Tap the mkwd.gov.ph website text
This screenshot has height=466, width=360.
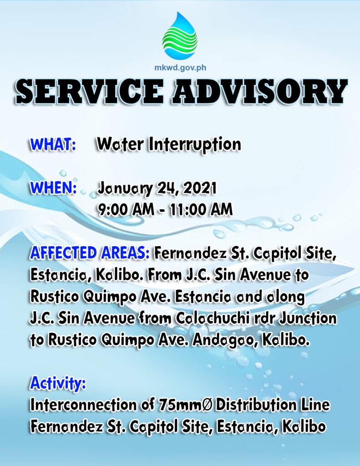click(x=180, y=68)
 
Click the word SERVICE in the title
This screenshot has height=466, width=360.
click(x=90, y=91)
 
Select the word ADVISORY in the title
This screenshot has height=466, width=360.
click(x=260, y=91)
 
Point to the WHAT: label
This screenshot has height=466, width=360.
click(x=53, y=144)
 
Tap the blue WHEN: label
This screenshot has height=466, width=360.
click(x=54, y=188)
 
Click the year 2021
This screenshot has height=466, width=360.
click(x=200, y=188)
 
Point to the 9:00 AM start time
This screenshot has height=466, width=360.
click(x=127, y=209)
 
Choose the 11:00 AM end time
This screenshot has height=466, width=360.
click(x=201, y=209)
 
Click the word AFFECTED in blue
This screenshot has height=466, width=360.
click(x=63, y=253)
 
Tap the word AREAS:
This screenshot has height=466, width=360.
click(x=125, y=253)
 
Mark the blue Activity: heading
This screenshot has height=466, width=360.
click(x=58, y=383)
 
